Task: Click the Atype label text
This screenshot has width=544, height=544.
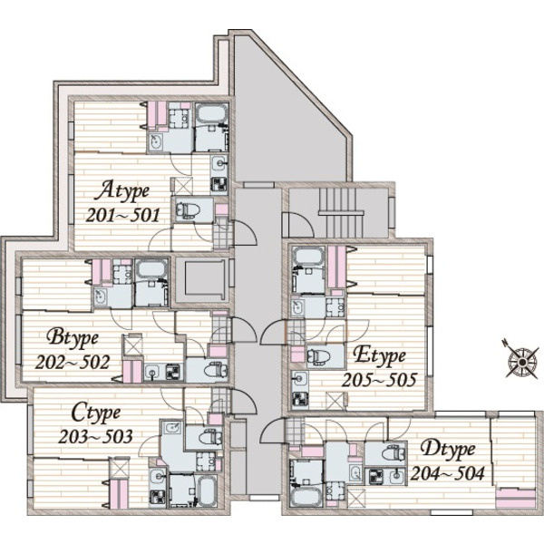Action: click(122, 191)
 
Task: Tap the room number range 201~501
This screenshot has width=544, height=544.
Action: click(122, 216)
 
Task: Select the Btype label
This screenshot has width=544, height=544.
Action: click(73, 338)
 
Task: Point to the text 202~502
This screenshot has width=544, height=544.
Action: click(73, 363)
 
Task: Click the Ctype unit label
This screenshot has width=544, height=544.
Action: click(96, 413)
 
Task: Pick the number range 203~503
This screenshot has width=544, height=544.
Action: click(95, 437)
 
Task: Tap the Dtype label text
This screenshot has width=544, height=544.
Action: click(448, 450)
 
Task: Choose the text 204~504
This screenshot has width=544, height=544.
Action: click(448, 473)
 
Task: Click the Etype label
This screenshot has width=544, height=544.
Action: click(379, 356)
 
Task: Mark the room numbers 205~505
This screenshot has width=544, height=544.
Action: click(379, 380)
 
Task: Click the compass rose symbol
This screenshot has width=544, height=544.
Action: click(520, 362)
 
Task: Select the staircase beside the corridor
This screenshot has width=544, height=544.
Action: click(341, 212)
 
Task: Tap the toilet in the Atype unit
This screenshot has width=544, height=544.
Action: click(188, 210)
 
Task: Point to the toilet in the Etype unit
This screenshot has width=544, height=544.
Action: click(319, 355)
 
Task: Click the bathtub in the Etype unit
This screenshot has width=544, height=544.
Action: click(309, 256)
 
